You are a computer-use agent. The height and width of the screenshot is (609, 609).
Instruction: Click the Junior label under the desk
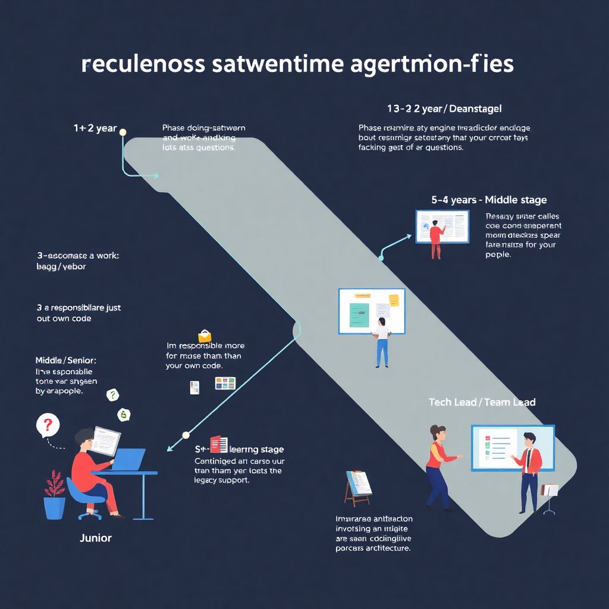(95, 538)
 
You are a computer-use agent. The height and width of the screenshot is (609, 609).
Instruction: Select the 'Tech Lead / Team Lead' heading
(482, 403)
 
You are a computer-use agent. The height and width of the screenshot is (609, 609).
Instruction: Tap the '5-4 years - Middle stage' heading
(489, 200)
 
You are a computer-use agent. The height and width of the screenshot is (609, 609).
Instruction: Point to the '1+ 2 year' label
(95, 128)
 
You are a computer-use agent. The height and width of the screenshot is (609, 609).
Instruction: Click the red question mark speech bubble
(48, 426)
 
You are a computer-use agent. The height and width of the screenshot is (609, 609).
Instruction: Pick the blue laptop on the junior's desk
(129, 460)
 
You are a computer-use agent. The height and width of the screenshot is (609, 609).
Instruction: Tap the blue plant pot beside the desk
(54, 506)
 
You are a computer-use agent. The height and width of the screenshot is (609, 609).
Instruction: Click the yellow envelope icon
(205, 336)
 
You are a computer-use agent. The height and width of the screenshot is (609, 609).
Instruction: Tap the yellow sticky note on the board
(394, 299)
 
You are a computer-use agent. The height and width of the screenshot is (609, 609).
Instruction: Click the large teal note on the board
(359, 315)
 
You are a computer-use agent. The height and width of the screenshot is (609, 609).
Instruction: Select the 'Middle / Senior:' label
(65, 360)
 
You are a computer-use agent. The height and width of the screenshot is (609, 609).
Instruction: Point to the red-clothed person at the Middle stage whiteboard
(435, 239)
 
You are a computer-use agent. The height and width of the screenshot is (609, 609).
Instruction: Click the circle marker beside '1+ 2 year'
(123, 132)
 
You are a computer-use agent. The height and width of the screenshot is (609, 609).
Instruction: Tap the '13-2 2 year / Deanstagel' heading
(444, 109)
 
